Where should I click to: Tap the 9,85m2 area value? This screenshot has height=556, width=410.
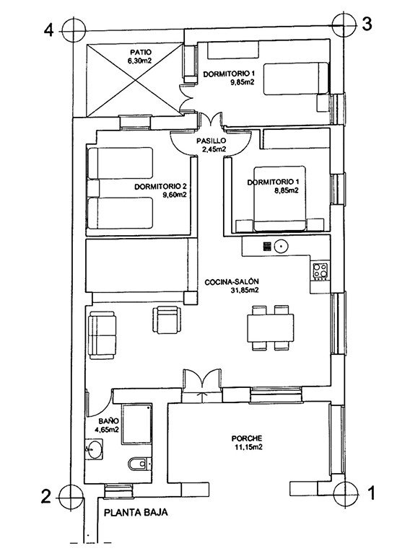pos(243,83)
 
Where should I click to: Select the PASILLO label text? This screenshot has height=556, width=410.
pos(211,141)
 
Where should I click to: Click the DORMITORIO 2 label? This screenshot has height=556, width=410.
pos(160,187)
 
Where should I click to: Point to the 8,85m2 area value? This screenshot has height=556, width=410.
pos(286,190)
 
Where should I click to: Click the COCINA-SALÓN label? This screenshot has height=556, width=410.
pos(232,282)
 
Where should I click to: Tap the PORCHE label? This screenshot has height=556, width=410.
pos(247,438)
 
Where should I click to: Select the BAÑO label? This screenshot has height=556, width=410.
pos(108,421)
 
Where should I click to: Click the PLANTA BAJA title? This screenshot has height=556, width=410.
pos(136,513)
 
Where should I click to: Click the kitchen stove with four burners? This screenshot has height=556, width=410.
pos(320,271)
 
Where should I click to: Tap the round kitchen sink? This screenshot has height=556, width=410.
pos(281,246)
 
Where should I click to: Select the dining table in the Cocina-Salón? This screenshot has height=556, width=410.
pos(271,328)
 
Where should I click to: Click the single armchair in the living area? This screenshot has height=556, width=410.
pos(167,320)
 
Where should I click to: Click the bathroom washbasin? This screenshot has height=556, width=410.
pos(94,449)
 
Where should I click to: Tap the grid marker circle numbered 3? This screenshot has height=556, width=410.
pos(344,25)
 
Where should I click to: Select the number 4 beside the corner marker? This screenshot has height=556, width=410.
pos(48,31)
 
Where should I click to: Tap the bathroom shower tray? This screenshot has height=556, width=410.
pos(136,424)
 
